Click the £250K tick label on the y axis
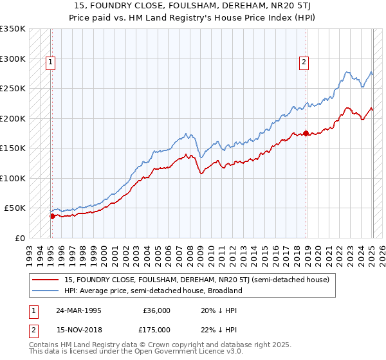[13, 89]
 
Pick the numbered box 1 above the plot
[50, 62]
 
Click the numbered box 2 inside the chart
[303, 62]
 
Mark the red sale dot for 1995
[52, 216]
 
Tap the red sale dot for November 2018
[306, 134]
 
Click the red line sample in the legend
[45, 280]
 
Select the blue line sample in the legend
[45, 290]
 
